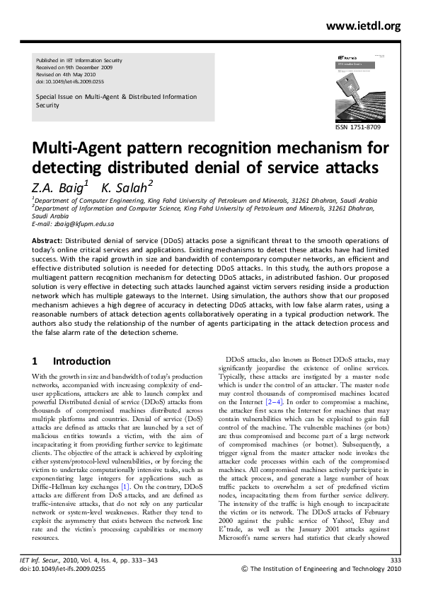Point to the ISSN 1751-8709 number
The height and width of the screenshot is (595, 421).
[362, 126]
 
